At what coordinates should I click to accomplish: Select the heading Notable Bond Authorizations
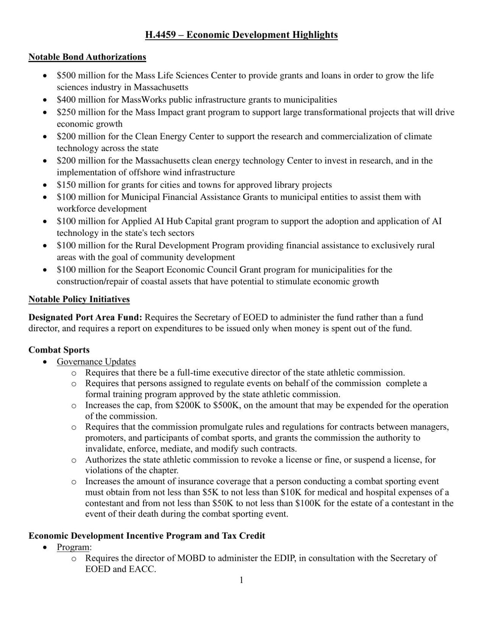click(87, 57)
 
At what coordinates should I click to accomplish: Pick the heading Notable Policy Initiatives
click(79, 300)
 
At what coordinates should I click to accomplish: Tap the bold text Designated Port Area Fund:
click(86, 317)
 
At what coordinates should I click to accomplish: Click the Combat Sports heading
click(59, 350)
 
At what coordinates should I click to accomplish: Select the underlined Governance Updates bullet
click(96, 362)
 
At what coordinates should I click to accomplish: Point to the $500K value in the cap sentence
click(226, 405)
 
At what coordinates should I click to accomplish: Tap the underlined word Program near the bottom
click(73, 547)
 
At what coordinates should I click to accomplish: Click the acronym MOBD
click(191, 558)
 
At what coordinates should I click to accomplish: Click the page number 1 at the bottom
click(241, 581)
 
